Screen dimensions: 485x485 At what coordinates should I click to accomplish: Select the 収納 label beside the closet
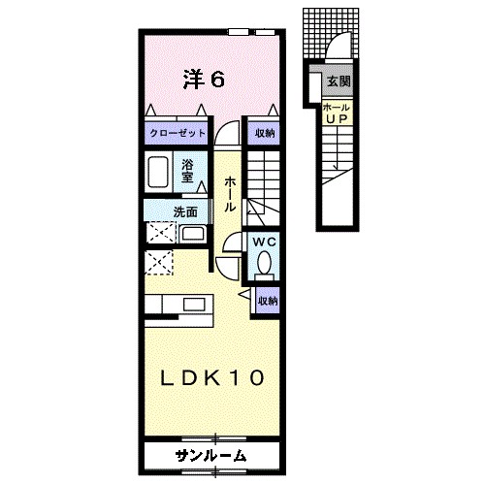coord(265,133)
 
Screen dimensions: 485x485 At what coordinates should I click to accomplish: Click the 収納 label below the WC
coord(268,302)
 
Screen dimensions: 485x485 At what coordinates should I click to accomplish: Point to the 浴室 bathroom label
coord(188,171)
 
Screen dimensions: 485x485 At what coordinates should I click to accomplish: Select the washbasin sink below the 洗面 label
coord(192,234)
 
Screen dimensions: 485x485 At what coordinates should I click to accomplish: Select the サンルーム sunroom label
coord(210,455)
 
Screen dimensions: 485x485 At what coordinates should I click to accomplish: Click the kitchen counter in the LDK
coord(179,304)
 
